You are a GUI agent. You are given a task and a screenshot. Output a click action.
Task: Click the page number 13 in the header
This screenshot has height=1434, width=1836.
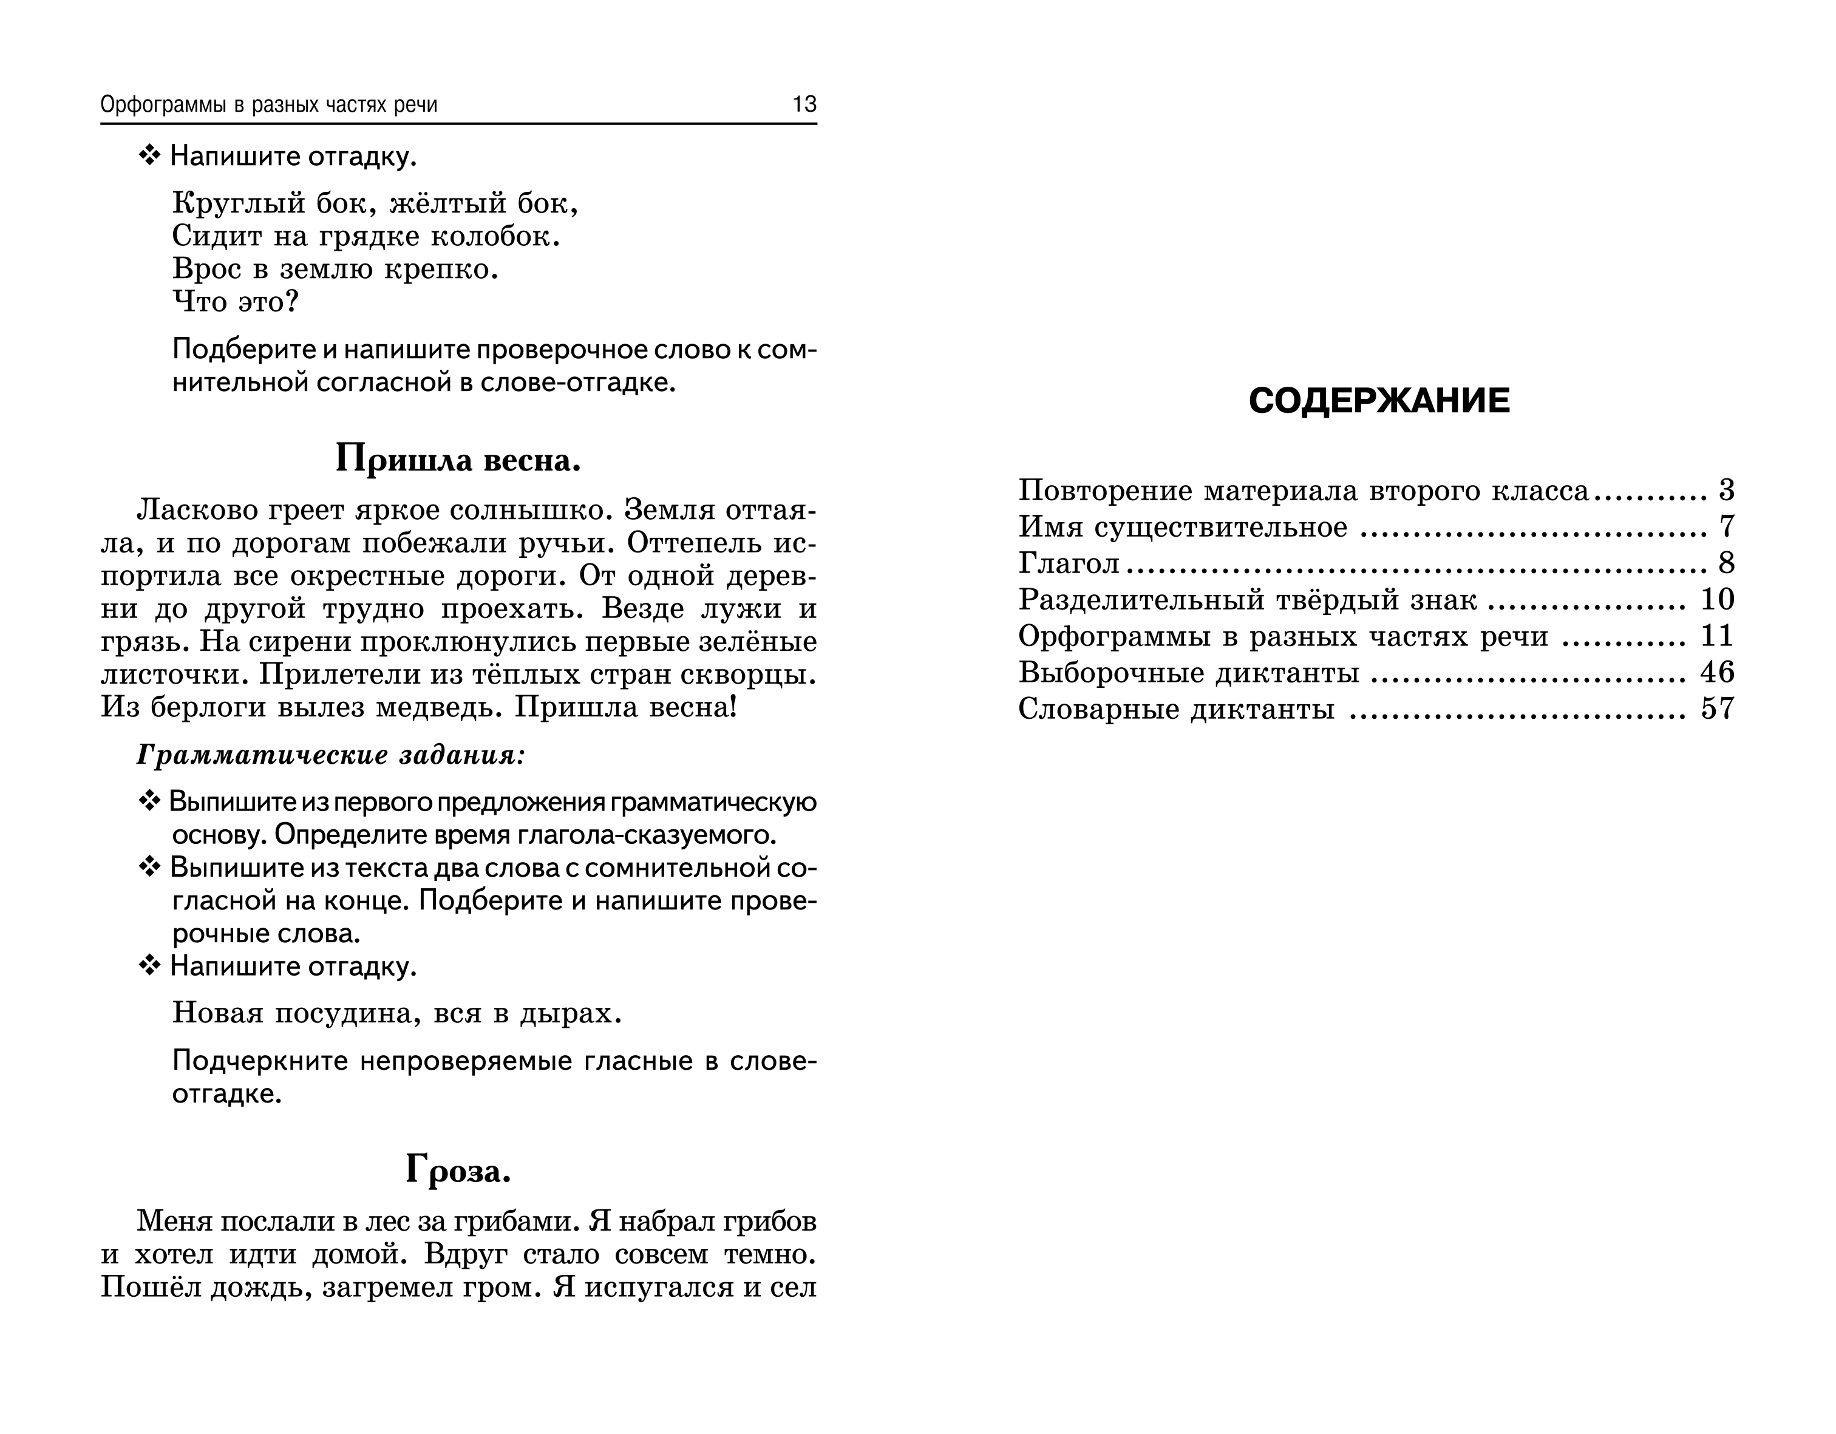click(x=804, y=104)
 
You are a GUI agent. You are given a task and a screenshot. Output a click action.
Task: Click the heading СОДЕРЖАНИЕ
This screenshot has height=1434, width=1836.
click(x=1379, y=401)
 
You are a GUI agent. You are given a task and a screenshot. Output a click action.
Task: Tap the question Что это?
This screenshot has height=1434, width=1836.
click(x=236, y=302)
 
